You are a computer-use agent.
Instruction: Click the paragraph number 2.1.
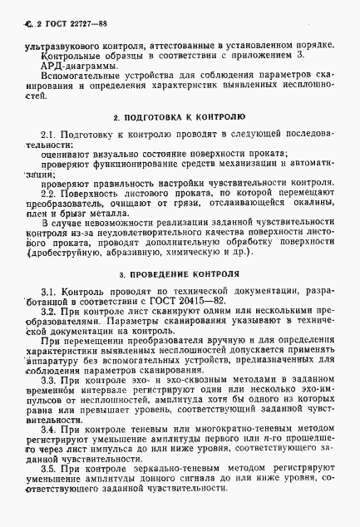pos(51,134)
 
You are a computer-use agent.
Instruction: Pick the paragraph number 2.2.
pos(51,192)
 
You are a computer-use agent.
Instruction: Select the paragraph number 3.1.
pos(51,289)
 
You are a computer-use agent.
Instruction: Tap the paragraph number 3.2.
pos(52,309)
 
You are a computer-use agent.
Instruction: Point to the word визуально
pos(114,154)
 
